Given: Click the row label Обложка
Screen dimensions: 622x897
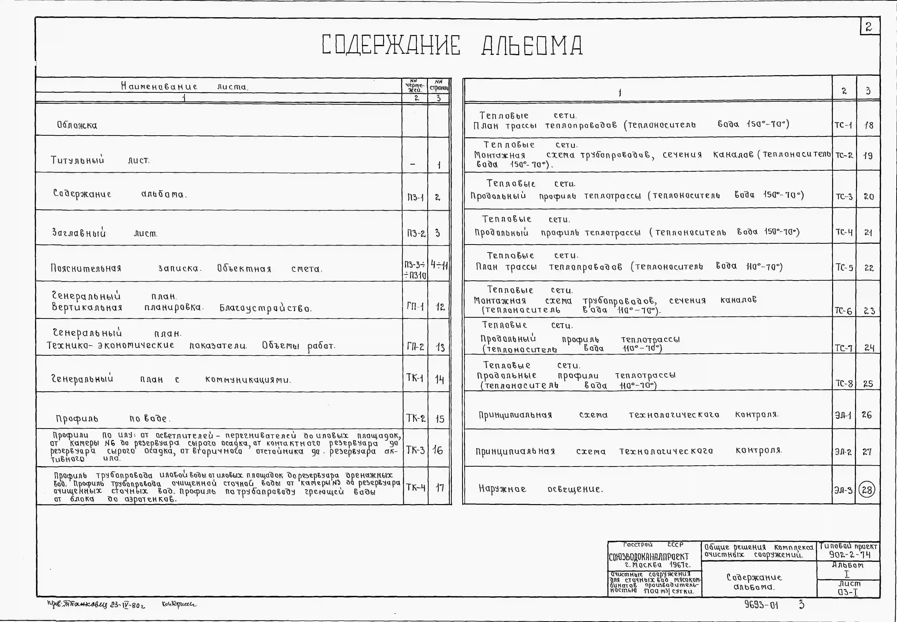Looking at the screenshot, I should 77,125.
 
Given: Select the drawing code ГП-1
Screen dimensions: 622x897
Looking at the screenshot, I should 415,307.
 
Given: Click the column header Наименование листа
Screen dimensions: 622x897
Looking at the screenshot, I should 184,86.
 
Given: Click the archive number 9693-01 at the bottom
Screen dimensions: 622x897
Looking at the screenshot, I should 761,605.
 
